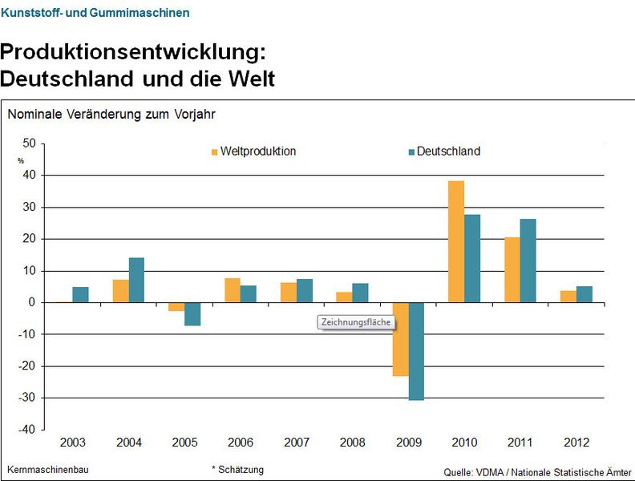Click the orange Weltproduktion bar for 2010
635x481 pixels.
[x=456, y=241]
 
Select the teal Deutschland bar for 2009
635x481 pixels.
[x=416, y=350]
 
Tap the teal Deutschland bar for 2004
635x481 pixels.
[x=136, y=280]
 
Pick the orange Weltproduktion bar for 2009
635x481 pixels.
[x=400, y=339]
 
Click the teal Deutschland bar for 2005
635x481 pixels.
[x=192, y=314]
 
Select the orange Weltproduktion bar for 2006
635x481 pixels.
[x=233, y=290]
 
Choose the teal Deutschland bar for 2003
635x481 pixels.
[x=80, y=294]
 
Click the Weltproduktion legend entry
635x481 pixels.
[x=253, y=152]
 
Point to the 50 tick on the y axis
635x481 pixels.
[x=29, y=143]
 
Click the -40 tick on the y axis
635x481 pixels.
[x=26, y=430]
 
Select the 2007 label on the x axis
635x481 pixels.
[x=297, y=443]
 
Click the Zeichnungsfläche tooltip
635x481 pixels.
[x=355, y=322]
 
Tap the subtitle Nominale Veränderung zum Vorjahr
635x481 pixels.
[x=111, y=114]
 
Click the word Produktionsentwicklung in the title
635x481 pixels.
[x=131, y=52]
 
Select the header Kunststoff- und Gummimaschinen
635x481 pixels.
[x=95, y=13]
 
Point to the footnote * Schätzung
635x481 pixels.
[x=237, y=469]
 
